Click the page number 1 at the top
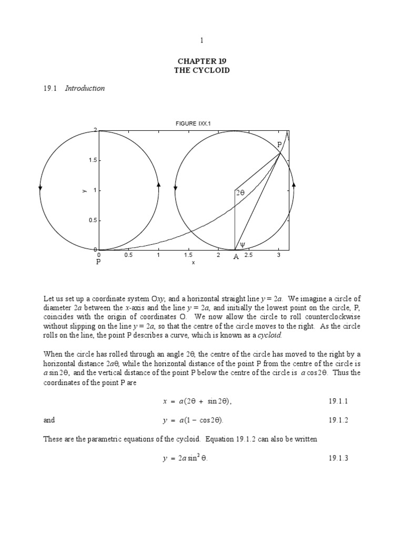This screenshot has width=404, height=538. tap(201, 40)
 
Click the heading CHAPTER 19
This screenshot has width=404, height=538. tap(201, 61)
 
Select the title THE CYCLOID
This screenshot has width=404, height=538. tap(201, 70)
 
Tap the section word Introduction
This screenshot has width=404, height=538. tap(85, 88)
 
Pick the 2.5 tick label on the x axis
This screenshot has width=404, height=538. tap(249, 255)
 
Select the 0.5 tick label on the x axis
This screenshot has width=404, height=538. tap(128, 255)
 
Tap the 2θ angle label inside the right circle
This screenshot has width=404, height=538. tap(240, 193)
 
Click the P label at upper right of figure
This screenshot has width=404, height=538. tap(279, 144)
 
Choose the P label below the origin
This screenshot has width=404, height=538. tap(98, 261)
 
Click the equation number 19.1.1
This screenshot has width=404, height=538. tap(339, 401)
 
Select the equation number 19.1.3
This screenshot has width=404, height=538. tap(339, 458)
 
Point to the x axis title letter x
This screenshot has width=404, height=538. tap(194, 262)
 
